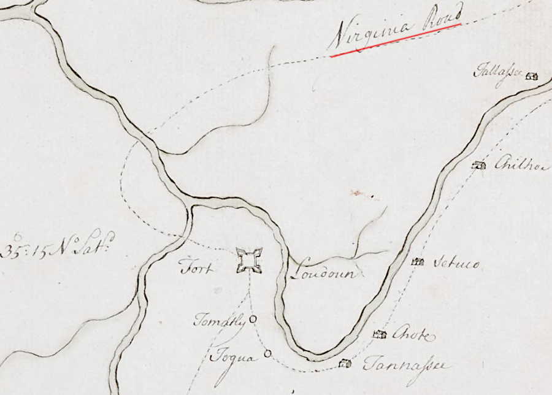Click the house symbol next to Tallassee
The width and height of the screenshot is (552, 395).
532,76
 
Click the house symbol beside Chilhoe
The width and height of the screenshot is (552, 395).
479,165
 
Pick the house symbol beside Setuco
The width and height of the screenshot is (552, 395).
418,262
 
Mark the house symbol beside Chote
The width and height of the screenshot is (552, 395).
380,334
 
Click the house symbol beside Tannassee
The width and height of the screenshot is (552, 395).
345,363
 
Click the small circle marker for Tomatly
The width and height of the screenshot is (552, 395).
253,319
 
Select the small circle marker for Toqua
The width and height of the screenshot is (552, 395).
267,353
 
